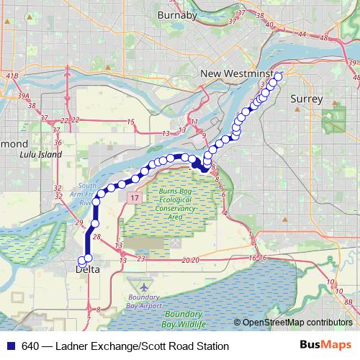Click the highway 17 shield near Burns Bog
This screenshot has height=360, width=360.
tap(134, 196)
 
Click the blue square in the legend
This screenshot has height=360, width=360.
tap(9, 346)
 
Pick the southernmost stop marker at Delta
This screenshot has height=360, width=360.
tap(82, 261)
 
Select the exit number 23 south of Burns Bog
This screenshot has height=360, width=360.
tap(141, 258)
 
